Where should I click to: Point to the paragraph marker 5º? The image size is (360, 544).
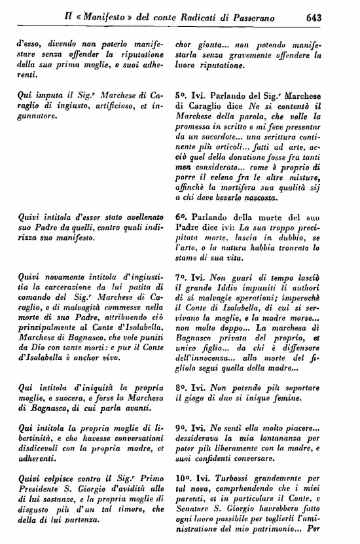(182, 95)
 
